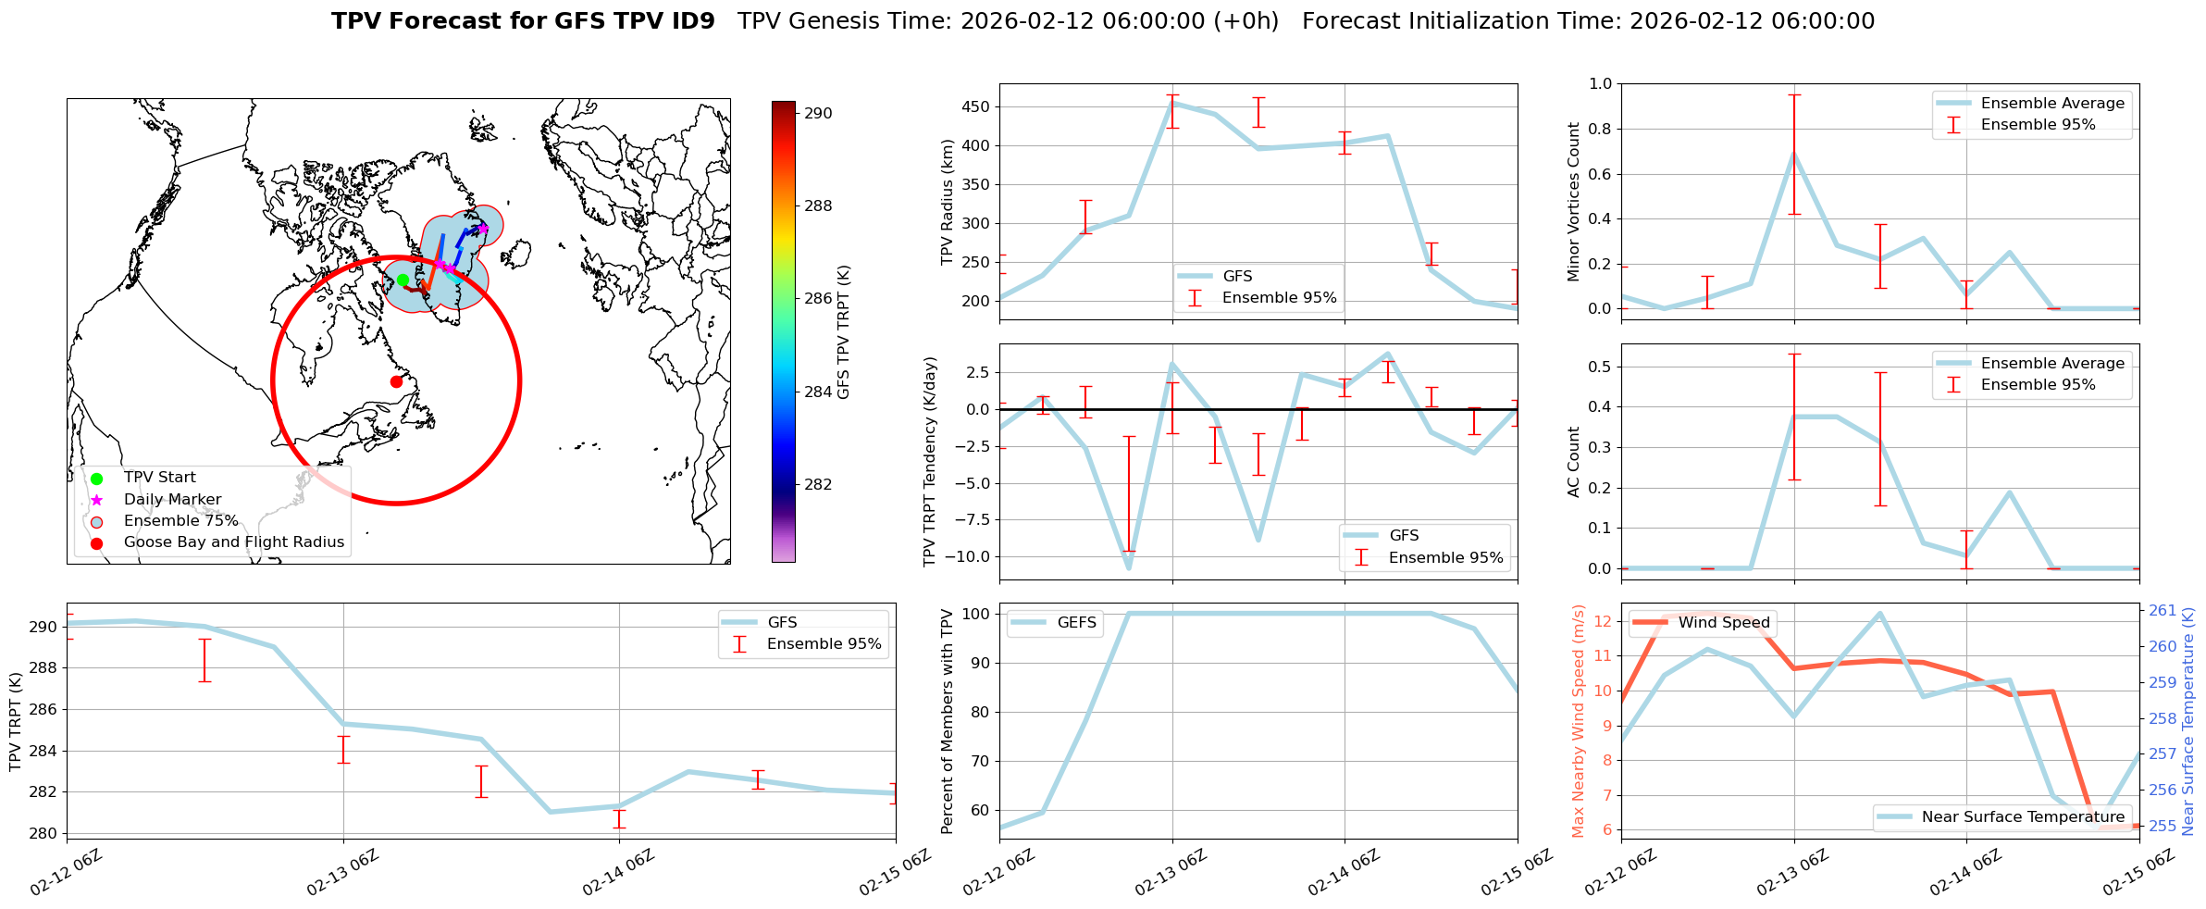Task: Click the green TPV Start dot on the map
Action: coord(403,280)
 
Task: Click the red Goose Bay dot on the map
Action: coord(396,381)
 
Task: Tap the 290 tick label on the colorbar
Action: coord(818,113)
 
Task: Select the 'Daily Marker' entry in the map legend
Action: coord(172,499)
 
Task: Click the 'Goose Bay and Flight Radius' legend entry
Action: coord(233,542)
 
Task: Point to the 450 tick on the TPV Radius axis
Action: coord(976,106)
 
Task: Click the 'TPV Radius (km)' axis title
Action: coord(947,202)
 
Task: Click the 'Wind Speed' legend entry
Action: coord(1724,623)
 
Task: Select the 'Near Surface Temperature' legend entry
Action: coord(2023,816)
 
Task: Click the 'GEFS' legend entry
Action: coord(1076,623)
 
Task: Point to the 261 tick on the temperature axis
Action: coord(2163,610)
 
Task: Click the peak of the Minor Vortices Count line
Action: coord(1794,153)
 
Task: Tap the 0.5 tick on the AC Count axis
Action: coord(1599,367)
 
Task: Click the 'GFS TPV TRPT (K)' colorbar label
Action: coord(843,331)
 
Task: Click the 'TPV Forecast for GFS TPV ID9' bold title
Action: coord(523,21)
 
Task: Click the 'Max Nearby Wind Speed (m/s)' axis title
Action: coord(1578,720)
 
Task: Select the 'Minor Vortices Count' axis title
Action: coord(1573,202)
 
